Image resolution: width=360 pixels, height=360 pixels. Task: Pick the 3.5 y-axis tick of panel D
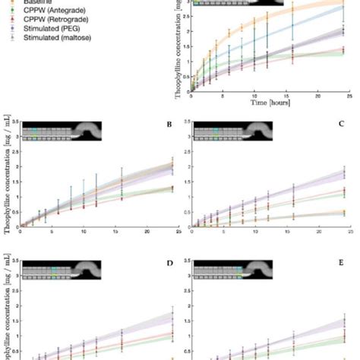pyautogui.click(x=15, y=258)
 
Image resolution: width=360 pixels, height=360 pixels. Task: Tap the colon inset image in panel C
pyautogui.click(x=235, y=134)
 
